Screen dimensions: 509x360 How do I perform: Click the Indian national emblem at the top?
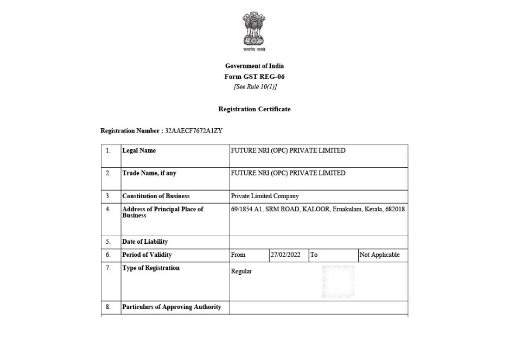coord(254,29)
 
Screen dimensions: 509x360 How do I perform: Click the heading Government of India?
coord(254,66)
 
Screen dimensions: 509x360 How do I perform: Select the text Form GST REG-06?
coord(254,77)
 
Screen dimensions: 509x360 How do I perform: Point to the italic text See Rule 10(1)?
coord(255,87)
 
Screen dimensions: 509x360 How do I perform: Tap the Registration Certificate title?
coord(254,109)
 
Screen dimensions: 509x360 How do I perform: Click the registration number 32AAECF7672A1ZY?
coord(194,131)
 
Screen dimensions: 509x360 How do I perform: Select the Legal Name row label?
coord(139,150)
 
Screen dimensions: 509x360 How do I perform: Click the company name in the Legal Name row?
coord(288,150)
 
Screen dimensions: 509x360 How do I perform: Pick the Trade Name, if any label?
coord(149,173)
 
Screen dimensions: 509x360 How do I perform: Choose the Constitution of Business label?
coord(156,196)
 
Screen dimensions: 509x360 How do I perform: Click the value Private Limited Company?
coord(265,196)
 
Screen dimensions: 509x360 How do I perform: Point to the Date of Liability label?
coord(145,242)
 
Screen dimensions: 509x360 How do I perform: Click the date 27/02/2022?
coord(285,255)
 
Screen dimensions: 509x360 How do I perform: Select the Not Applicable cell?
coord(379,255)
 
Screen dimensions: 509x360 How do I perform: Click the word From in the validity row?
coord(238,255)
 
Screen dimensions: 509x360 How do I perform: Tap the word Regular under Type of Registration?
coord(241,271)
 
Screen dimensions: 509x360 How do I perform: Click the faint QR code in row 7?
coord(338,281)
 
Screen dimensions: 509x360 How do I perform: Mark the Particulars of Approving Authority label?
coord(171,307)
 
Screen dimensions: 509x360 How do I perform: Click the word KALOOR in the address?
coord(316,209)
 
